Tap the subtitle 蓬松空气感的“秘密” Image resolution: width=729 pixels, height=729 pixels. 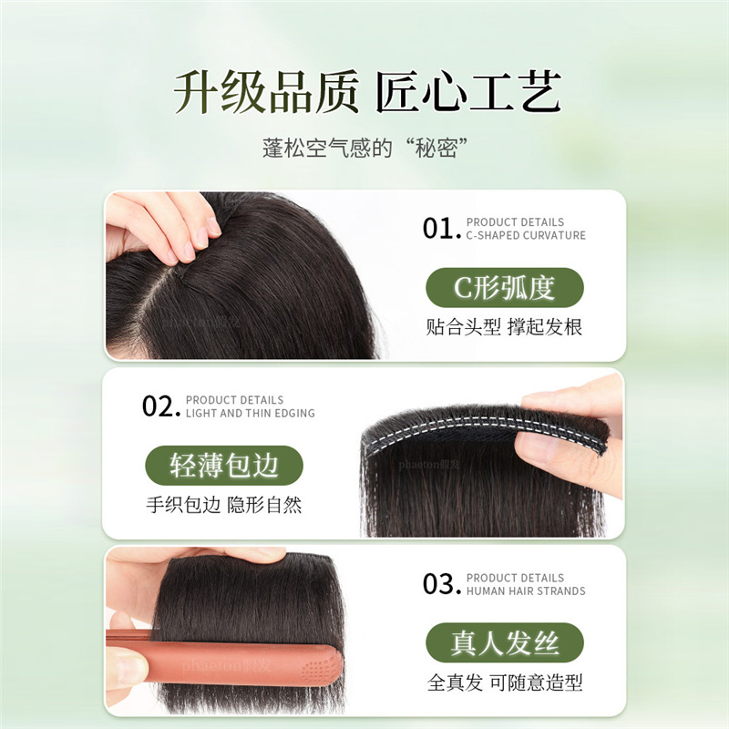coord(364,147)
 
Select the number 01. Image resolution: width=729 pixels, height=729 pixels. coord(441,229)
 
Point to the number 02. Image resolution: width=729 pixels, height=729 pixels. coord(160,406)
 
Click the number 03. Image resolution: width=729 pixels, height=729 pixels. coord(441,584)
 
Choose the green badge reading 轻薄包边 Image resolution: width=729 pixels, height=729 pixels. coord(224,466)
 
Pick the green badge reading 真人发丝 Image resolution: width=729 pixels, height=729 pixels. coord(504,643)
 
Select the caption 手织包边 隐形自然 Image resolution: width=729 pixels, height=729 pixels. coord(224,505)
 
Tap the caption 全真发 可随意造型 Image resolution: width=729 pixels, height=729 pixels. coord(504,683)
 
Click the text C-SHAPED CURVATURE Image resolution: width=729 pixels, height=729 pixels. coord(526,235)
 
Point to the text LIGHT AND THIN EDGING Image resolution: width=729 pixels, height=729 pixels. coord(250,413)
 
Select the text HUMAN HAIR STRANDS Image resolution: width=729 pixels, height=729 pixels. coord(526,590)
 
